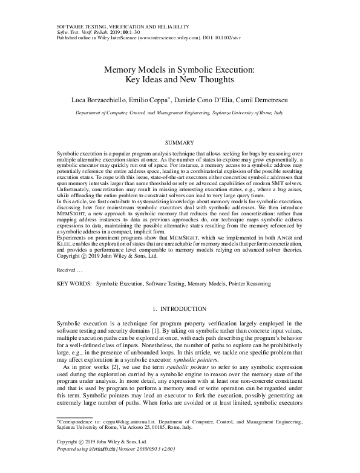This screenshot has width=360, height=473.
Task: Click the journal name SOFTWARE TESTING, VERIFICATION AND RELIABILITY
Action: (123, 27)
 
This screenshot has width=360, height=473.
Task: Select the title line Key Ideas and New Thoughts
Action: (179, 79)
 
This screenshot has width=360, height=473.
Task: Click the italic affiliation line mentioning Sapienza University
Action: (180, 113)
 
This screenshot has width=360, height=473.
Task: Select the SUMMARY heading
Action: (179, 142)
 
